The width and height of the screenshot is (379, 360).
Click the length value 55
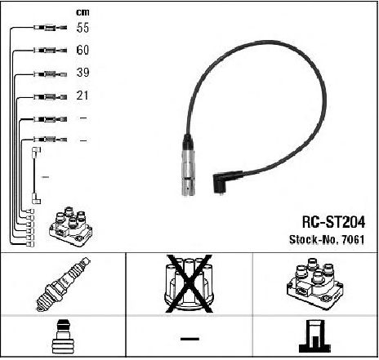point(82,28)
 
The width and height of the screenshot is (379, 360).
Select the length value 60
point(82,50)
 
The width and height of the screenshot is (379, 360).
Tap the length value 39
point(82,73)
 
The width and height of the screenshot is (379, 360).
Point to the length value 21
point(82,96)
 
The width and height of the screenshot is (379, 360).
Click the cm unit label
point(82,12)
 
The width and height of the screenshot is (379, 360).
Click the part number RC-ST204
point(333,222)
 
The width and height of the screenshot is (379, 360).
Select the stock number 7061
point(353,239)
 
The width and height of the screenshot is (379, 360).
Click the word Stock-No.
point(314,239)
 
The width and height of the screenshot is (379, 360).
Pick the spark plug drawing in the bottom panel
point(63,284)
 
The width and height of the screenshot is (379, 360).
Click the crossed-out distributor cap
point(189,283)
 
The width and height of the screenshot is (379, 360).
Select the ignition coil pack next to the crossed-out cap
point(314,283)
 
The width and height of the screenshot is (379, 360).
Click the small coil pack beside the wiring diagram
point(71,227)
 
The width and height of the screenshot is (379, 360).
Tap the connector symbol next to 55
point(50,28)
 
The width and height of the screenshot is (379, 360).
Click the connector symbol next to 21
point(50,96)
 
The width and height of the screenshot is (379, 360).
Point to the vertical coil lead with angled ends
point(34,176)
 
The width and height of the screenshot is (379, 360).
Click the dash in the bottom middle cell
point(189,339)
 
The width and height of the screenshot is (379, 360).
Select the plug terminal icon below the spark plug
point(63,337)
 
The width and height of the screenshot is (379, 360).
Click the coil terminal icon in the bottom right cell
point(314,336)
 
